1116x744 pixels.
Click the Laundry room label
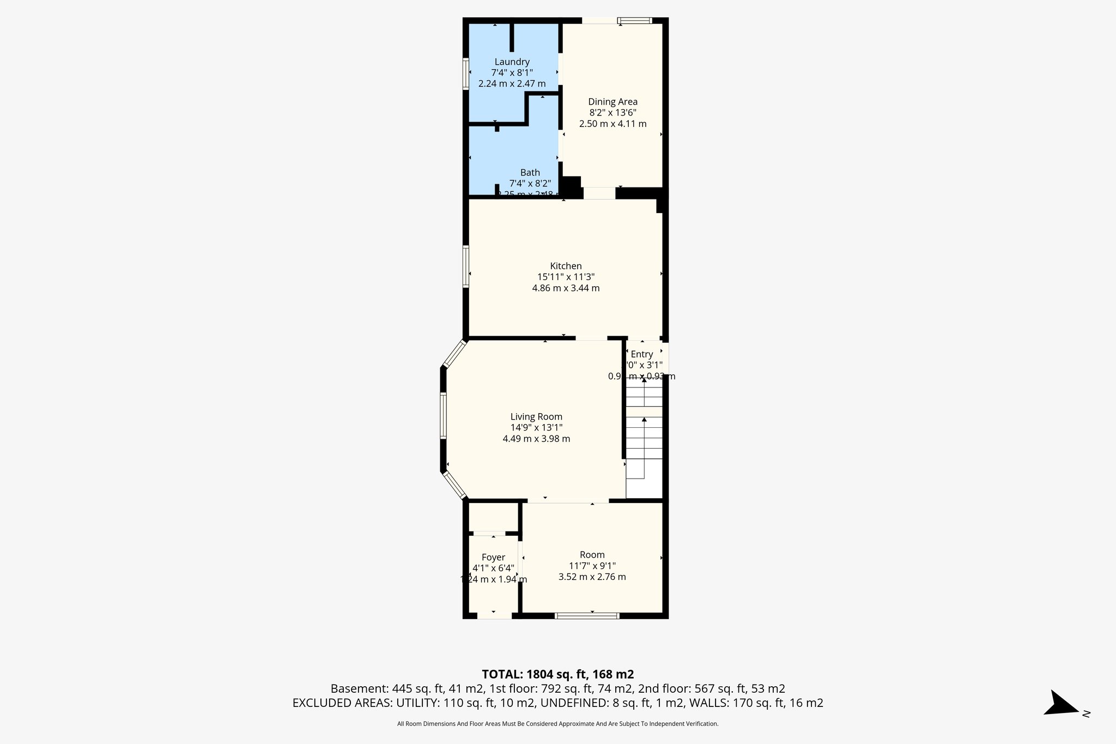click(512, 62)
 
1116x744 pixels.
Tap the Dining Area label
click(612, 102)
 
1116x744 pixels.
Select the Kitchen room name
click(566, 266)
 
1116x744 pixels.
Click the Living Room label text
click(536, 417)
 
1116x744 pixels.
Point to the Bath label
click(530, 173)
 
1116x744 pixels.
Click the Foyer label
click(493, 558)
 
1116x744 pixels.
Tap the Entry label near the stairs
click(641, 354)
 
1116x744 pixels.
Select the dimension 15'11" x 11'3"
click(566, 277)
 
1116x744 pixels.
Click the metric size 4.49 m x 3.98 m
click(536, 439)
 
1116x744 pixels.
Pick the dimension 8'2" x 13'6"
click(612, 113)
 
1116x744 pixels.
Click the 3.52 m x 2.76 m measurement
click(592, 577)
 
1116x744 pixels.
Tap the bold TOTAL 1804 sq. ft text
click(557, 674)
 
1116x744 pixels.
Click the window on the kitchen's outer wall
click(466, 266)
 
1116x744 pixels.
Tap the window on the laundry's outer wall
click(466, 73)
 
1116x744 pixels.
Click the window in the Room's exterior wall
click(587, 616)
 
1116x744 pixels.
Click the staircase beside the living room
click(644, 436)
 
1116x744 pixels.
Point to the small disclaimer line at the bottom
click(557, 724)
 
